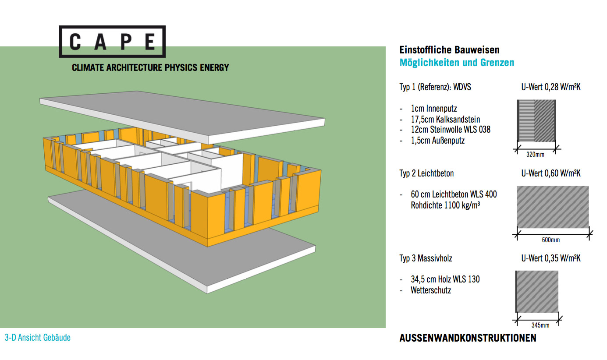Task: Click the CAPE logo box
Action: coord(112,42)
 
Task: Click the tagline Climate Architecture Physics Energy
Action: coord(150,68)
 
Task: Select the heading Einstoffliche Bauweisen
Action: coord(449,50)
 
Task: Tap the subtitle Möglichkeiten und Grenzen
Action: coord(457,63)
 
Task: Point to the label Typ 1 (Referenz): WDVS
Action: coord(435,87)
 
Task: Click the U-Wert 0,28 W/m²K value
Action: coord(551,87)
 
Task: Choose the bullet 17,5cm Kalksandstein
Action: coord(445,119)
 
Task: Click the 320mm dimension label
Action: coord(535,155)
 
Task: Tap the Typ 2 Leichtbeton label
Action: coord(426,173)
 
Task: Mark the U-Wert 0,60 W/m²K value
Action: coord(551,173)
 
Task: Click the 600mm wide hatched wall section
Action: coord(553,207)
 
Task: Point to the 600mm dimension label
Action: coord(551,240)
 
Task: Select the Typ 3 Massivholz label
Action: coord(426,258)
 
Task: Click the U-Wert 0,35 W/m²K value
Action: coord(551,258)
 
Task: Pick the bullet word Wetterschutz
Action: coord(431,290)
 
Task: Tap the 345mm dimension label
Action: coord(540,325)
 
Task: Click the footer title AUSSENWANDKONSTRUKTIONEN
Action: coord(468,338)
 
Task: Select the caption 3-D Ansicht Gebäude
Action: coord(38,338)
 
